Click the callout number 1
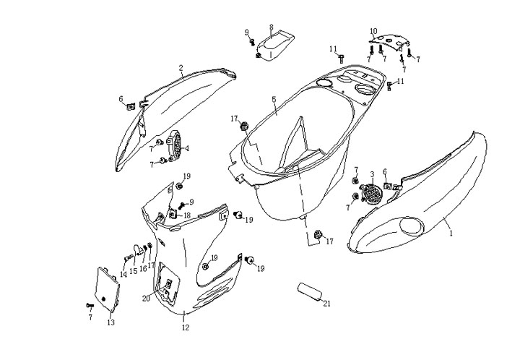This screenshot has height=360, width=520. click(451, 233)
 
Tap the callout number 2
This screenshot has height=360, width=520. click(181, 69)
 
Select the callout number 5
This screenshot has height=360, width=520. click(274, 99)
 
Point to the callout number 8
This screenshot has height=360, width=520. click(271, 27)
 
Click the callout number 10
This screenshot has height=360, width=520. click(373, 31)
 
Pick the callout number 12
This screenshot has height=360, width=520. click(185, 328)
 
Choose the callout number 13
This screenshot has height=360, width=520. click(110, 322)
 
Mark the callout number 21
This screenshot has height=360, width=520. click(327, 304)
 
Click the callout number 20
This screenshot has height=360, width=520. click(146, 298)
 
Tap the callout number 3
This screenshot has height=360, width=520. click(372, 174)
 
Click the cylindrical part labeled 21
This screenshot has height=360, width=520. click(308, 293)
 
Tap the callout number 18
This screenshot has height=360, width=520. click(186, 215)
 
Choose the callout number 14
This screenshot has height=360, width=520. click(123, 275)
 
